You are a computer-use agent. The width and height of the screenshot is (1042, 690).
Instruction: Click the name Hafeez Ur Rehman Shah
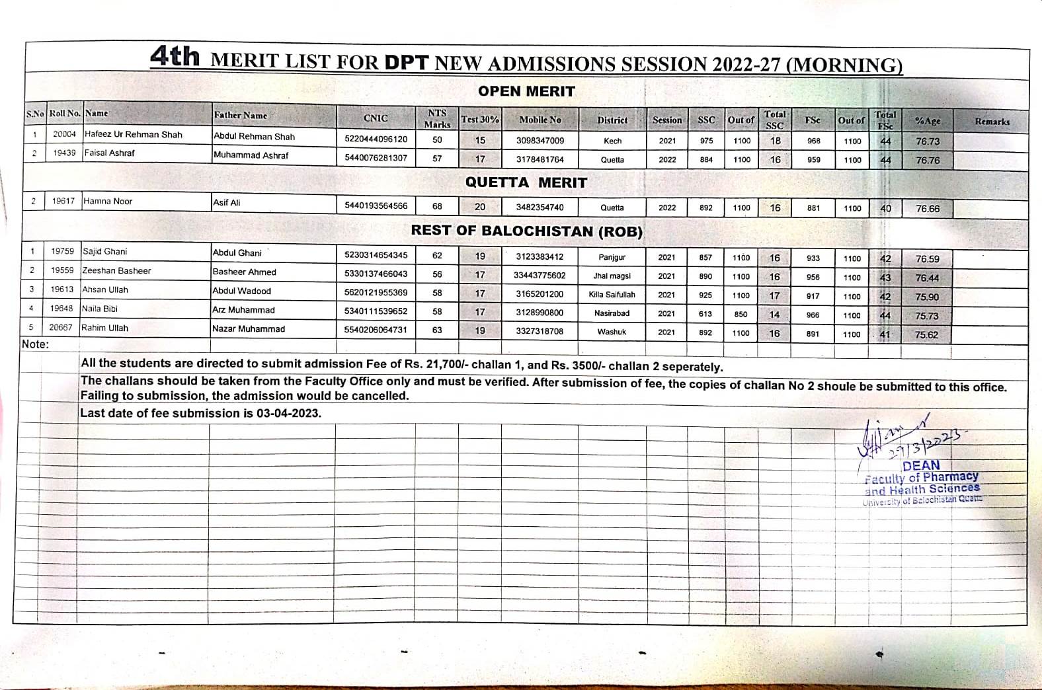pos(134,135)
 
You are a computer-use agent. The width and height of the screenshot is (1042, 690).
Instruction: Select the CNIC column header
pos(376,118)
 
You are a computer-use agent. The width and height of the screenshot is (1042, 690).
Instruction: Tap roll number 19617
pos(63,201)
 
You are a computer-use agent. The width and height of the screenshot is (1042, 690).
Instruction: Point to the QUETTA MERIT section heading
pos(526,182)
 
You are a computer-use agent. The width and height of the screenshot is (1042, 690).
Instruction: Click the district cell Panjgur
pos(612,257)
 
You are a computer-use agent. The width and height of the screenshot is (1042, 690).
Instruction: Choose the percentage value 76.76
pos(928,160)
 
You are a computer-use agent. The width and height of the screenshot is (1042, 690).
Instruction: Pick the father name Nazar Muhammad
pos(249,328)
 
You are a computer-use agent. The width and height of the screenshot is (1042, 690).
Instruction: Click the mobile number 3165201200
pos(540,294)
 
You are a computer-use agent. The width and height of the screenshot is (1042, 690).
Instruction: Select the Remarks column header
pos(992,122)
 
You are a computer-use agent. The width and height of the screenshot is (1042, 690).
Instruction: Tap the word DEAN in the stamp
pos(920,465)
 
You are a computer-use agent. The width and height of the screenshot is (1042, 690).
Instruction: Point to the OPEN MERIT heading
pos(526,91)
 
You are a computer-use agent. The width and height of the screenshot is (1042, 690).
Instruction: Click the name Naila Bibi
pos(99,309)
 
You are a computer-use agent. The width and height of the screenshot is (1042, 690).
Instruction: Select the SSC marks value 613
pos(705,314)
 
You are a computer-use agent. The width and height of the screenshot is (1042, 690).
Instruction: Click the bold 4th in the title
pos(175,57)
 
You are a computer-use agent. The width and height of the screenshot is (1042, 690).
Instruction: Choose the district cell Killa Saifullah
pos(612,295)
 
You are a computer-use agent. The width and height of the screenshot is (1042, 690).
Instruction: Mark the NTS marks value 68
pos(437,206)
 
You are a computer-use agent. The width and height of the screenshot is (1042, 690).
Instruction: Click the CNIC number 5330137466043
pos(376,274)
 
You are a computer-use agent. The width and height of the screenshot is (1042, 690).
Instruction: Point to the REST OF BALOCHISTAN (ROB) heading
pos(526,231)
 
